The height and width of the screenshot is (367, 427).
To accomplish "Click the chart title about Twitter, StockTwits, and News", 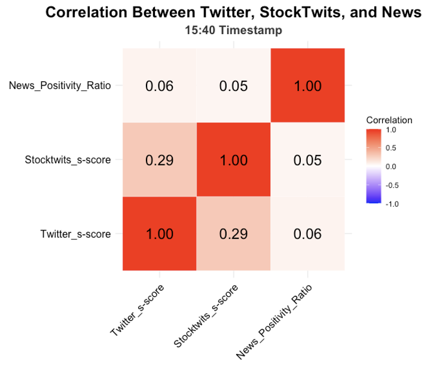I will pos(234,13).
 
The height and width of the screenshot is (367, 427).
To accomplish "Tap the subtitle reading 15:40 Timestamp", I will pos(234,30).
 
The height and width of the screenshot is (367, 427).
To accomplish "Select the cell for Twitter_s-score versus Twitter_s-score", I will pos(160,234).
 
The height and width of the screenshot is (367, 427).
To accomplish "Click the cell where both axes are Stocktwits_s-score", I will pos(234,160).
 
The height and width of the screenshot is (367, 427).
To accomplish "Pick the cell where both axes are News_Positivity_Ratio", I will pos(308,85).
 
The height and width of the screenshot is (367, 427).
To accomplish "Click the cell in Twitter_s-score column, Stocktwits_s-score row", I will pos(160,160).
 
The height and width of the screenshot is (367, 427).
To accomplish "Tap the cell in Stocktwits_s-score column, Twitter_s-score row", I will pos(234,234).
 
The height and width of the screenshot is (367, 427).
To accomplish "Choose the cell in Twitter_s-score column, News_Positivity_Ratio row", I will pos(160,85).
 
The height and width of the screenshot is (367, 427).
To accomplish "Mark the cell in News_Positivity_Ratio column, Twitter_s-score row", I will pos(308,234).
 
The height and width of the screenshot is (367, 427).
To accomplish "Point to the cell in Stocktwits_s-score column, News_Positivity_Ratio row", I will pos(234,85).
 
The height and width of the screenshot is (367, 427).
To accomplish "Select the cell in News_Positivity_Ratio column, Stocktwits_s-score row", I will pos(308,160).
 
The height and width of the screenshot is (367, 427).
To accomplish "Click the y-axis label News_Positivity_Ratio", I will pos(60,85).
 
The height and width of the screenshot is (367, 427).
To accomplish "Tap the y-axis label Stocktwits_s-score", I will pos(68,160).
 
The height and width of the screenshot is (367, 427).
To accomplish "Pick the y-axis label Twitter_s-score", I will pos(77,234).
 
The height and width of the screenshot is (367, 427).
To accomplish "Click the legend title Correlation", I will pos(386,119).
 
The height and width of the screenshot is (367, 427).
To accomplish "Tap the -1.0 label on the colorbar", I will pos(394,204).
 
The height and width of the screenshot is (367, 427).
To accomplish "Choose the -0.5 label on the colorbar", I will pos(394,185).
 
